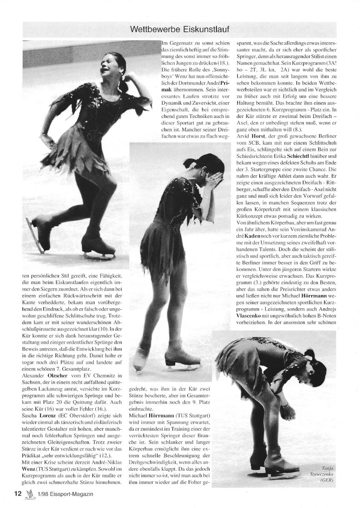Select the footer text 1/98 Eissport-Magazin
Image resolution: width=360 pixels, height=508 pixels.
(x=64, y=494)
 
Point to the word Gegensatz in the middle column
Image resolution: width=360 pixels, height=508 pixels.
(x=180, y=43)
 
